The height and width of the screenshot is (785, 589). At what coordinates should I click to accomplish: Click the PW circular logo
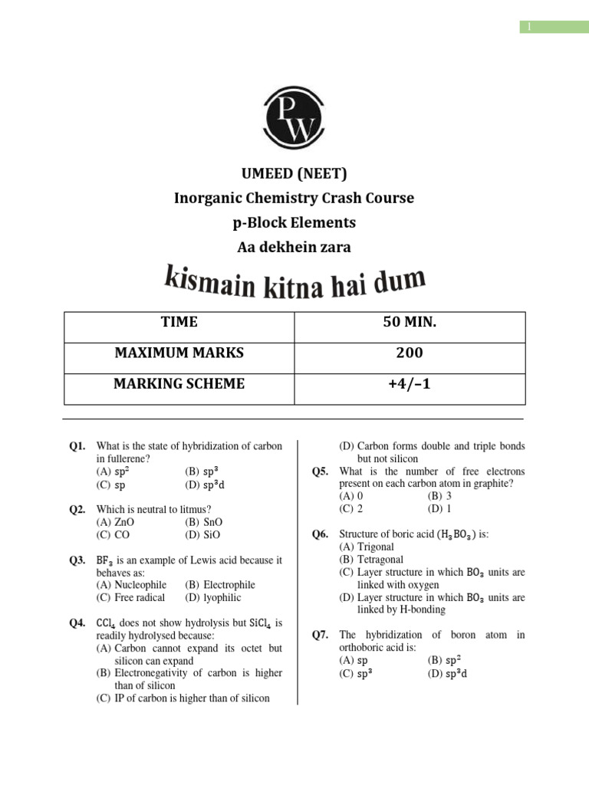294,119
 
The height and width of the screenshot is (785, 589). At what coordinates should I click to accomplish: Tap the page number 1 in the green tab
528,27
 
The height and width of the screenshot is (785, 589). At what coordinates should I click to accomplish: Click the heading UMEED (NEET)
294,174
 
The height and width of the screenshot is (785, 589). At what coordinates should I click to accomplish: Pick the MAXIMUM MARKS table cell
179,353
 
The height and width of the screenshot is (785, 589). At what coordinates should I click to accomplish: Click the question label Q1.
77,446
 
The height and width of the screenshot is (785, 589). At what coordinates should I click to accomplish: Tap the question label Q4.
77,623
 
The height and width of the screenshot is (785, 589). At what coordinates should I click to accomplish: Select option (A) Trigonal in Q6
367,547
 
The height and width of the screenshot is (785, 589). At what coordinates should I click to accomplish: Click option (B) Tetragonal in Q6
371,559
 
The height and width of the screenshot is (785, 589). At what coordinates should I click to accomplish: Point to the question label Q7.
321,635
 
